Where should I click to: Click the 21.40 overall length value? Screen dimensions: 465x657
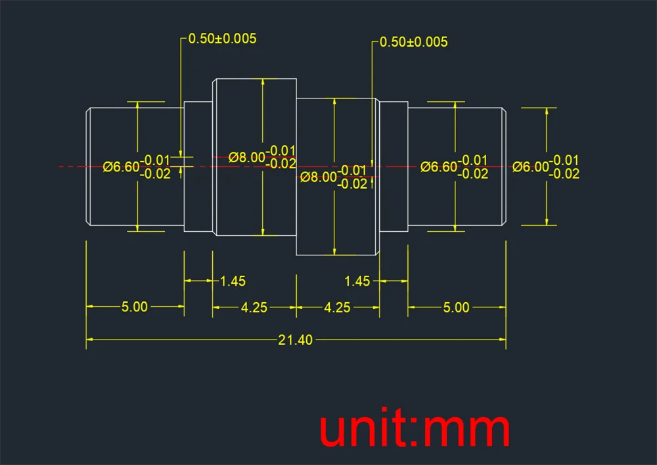[x=296, y=340]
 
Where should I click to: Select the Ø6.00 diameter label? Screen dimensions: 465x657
[x=530, y=167]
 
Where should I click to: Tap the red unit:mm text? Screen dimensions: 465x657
[x=415, y=430]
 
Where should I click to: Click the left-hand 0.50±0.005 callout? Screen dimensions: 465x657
[x=222, y=39]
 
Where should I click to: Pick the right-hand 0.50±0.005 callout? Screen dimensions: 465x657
[x=414, y=42]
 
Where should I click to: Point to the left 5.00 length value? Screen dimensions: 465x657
[x=134, y=307]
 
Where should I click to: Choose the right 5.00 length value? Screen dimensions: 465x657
[x=457, y=307]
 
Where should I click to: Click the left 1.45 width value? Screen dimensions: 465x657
[x=233, y=281]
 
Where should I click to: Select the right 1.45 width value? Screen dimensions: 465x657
[x=357, y=281]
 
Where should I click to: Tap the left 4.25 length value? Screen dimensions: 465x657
[x=254, y=307]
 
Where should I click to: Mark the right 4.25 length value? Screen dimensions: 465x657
[x=338, y=307]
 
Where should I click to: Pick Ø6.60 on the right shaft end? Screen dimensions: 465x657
[x=439, y=167]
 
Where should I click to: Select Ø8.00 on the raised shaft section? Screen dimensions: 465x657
[x=247, y=158]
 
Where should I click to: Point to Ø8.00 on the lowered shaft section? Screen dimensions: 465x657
[x=318, y=177]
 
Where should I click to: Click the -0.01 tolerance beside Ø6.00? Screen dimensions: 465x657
[x=564, y=160]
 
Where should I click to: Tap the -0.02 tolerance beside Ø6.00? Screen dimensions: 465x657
[x=564, y=174]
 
